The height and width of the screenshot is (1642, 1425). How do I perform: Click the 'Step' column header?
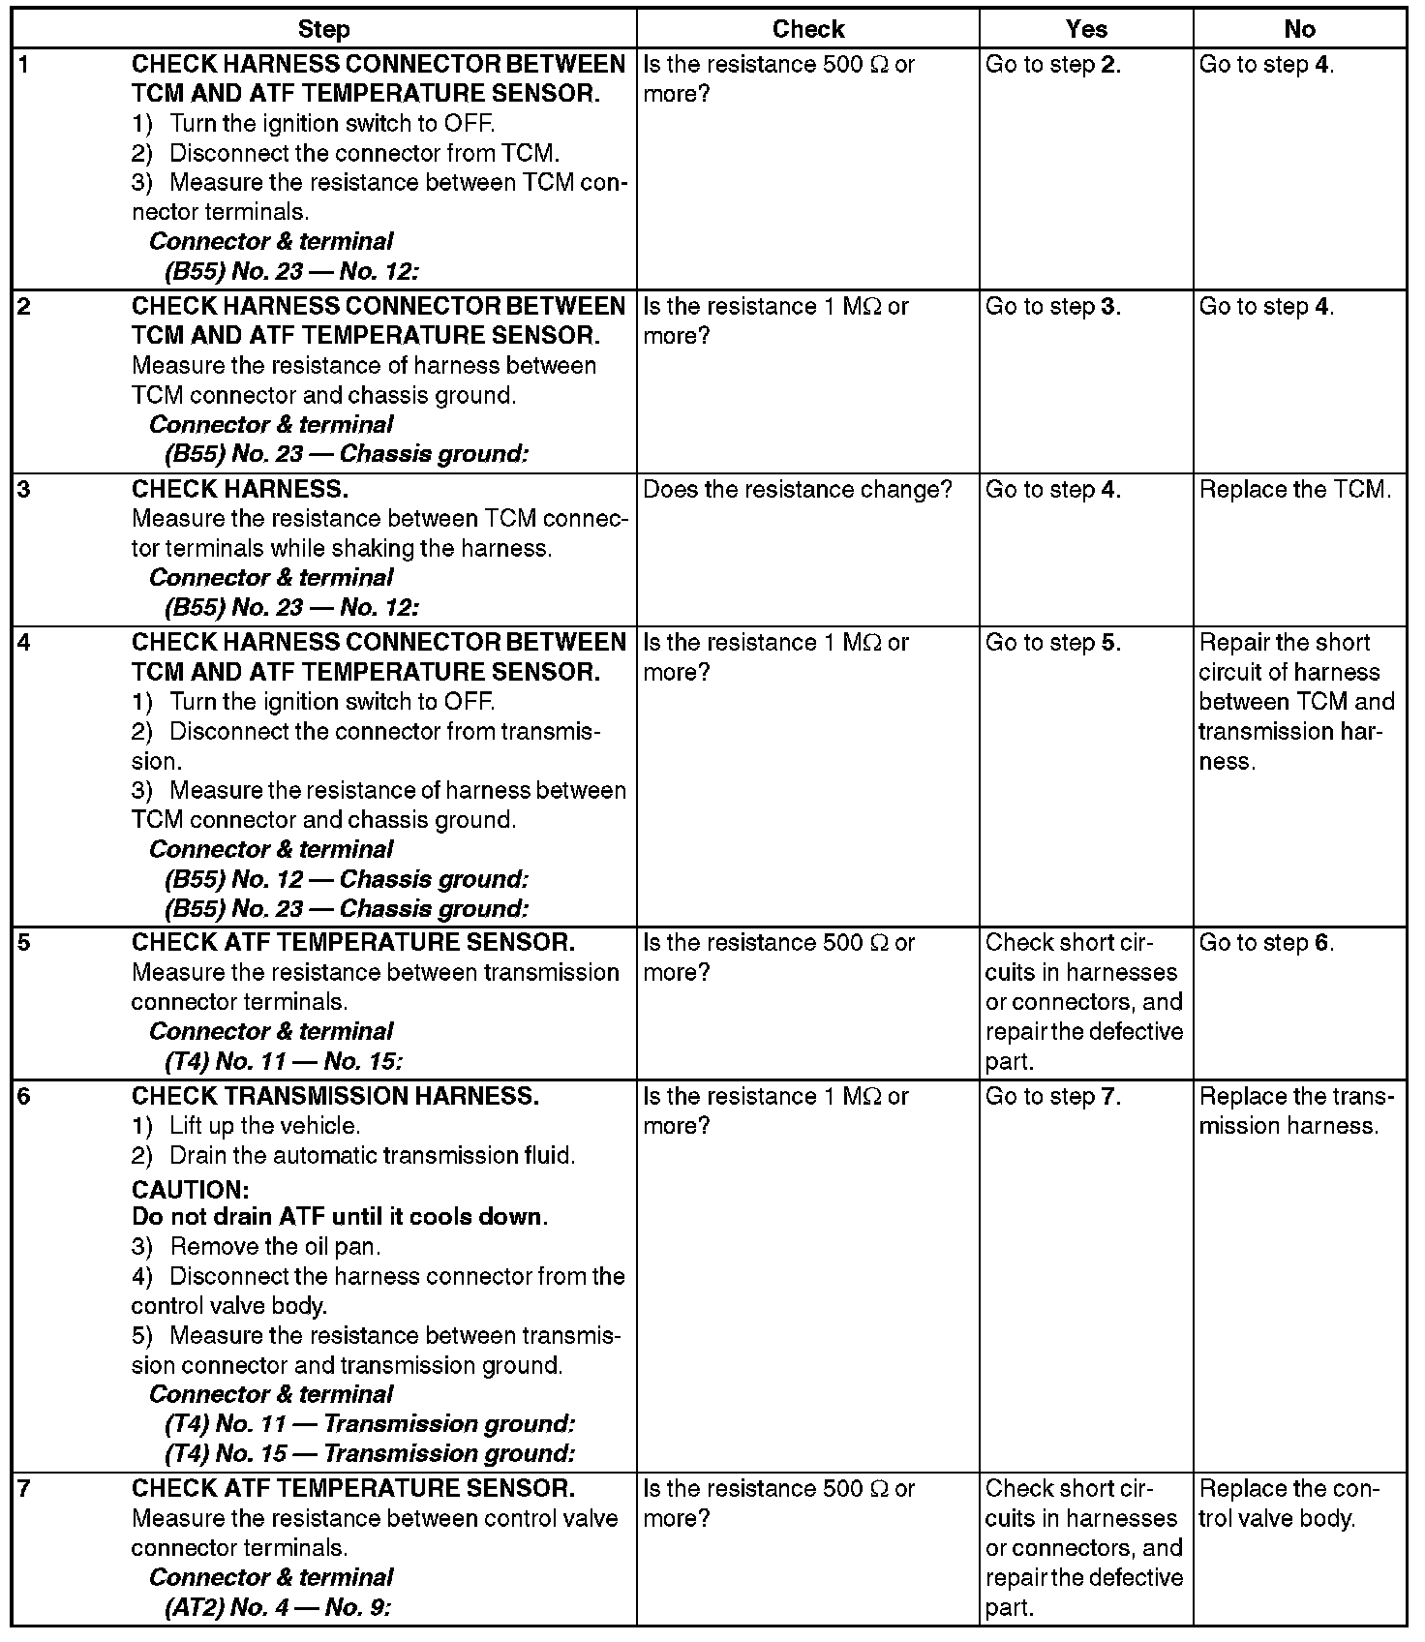pyautogui.click(x=323, y=29)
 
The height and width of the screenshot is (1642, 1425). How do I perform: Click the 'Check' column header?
pyautogui.click(x=808, y=29)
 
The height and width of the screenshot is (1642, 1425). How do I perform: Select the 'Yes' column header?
pyautogui.click(x=1086, y=29)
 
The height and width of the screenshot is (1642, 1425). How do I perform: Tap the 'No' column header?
pyautogui.click(x=1299, y=29)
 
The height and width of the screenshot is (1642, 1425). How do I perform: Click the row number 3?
pyautogui.click(x=25, y=489)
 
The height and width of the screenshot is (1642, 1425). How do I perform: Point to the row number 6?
pyautogui.click(x=25, y=1096)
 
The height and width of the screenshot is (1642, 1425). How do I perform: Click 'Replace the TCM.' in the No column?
pyautogui.click(x=1295, y=490)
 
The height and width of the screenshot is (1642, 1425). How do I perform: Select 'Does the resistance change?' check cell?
pyautogui.click(x=798, y=490)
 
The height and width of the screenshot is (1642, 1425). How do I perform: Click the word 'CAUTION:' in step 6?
pyautogui.click(x=191, y=1190)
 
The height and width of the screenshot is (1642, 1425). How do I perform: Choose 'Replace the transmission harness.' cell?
pyautogui.click(x=1296, y=1110)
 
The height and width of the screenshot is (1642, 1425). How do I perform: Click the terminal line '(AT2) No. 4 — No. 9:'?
pyautogui.click(x=278, y=1607)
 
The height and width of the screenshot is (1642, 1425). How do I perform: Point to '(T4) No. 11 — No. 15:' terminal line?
pyautogui.click(x=284, y=1061)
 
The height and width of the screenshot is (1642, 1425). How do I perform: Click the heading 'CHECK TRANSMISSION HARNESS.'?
pyautogui.click(x=335, y=1096)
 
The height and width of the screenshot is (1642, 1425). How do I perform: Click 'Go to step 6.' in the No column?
pyautogui.click(x=1266, y=943)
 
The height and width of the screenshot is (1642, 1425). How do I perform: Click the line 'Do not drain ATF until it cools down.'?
pyautogui.click(x=340, y=1216)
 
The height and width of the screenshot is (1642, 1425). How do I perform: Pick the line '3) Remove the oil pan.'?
pyautogui.click(x=257, y=1246)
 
